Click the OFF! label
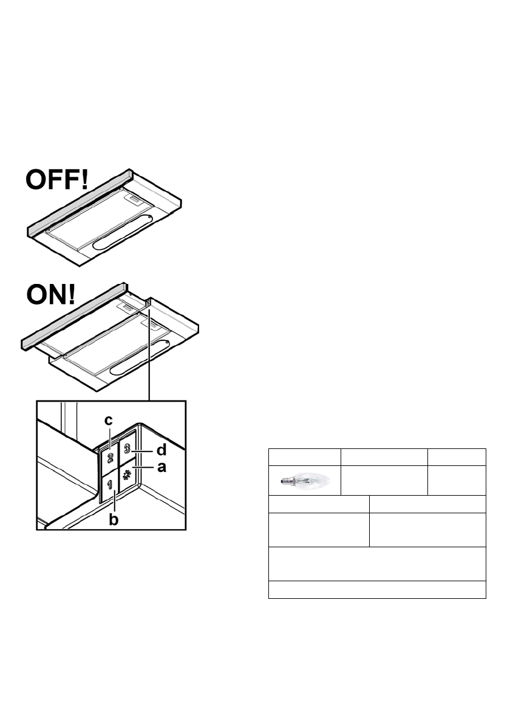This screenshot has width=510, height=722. coord(56,181)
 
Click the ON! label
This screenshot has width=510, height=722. coord(51,296)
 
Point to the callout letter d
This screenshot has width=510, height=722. coord(161,451)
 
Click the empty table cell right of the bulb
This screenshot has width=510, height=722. coord(384,479)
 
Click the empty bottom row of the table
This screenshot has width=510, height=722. coord(376,590)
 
